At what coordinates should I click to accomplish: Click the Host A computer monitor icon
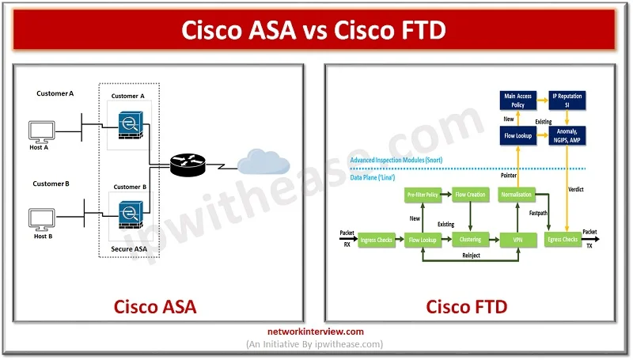[42, 131]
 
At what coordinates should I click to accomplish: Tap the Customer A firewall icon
[127, 126]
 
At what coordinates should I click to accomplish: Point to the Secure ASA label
[128, 248]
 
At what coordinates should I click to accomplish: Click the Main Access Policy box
[518, 100]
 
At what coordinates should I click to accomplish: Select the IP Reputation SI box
[567, 100]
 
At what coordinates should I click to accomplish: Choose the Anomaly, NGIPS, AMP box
[567, 135]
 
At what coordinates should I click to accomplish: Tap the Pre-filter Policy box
[423, 194]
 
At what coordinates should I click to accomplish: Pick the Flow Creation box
[470, 194]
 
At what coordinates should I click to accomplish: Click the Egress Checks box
[565, 239]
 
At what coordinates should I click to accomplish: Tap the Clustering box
[470, 239]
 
